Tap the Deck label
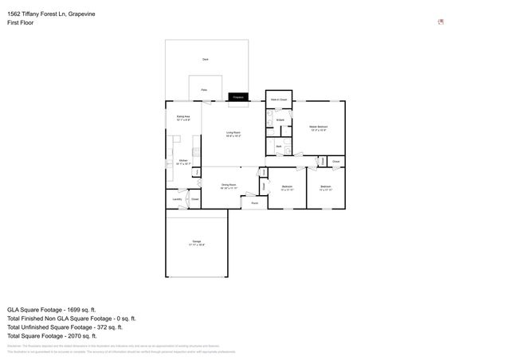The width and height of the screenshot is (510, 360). pyautogui.click(x=205, y=60)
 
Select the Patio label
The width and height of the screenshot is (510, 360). pyautogui.click(x=205, y=90)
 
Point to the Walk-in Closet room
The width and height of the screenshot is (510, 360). pyautogui.click(x=279, y=100)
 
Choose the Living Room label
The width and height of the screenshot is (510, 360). pyautogui.click(x=233, y=135)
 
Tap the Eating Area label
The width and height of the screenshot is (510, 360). pyautogui.click(x=182, y=119)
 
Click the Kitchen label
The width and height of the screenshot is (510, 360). pyautogui.click(x=182, y=162)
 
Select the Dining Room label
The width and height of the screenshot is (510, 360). pyautogui.click(x=229, y=186)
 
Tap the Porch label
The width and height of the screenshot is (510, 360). pyautogui.click(x=254, y=203)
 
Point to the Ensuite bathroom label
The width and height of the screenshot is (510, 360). pyautogui.click(x=280, y=120)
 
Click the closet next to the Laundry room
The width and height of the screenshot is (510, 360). pyautogui.click(x=194, y=199)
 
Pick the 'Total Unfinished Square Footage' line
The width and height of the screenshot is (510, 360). pyautogui.click(x=64, y=327)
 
